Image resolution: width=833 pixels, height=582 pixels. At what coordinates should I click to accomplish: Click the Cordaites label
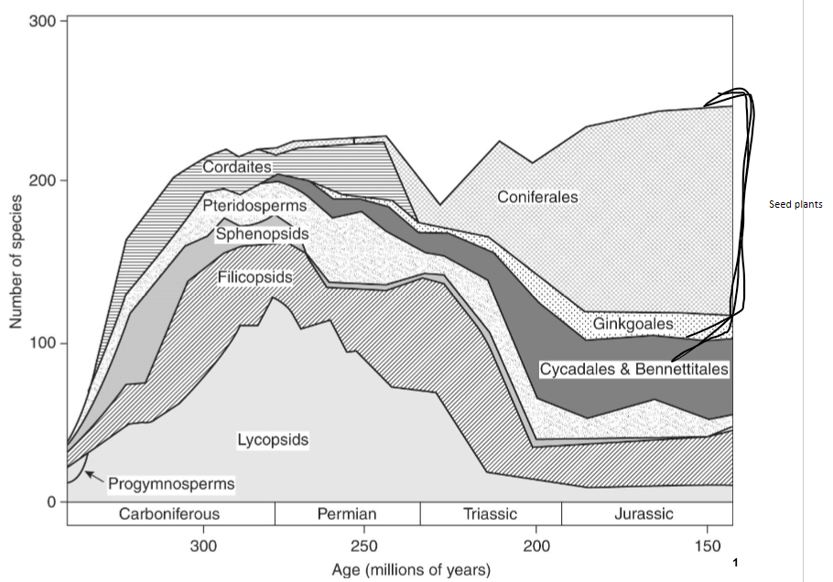tap(237, 167)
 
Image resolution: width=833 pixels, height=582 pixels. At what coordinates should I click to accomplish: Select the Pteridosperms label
tap(254, 206)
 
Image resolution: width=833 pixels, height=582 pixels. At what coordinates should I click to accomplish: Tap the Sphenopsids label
tap(262, 235)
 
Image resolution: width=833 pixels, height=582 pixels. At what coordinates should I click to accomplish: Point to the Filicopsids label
tap(255, 277)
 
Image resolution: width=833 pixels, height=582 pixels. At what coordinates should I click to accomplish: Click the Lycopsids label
tap(273, 440)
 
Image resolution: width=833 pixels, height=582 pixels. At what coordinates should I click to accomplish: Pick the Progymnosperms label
tap(171, 483)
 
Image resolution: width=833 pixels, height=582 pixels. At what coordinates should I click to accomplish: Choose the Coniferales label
tap(537, 197)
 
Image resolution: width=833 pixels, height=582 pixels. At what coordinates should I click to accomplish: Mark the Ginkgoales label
tap(633, 324)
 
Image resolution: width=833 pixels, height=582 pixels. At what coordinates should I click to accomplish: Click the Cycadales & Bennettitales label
tap(633, 370)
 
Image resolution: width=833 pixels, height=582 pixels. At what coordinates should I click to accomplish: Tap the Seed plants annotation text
tap(796, 205)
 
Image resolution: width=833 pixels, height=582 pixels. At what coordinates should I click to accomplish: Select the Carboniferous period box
tap(169, 513)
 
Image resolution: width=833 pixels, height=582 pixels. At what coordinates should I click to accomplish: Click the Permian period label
tap(347, 513)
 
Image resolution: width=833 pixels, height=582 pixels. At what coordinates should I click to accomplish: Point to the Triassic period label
tap(490, 513)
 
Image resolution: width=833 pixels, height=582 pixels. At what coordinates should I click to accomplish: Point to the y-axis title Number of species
tap(16, 261)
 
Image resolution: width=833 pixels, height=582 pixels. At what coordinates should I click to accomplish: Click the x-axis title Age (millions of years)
tap(411, 569)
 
